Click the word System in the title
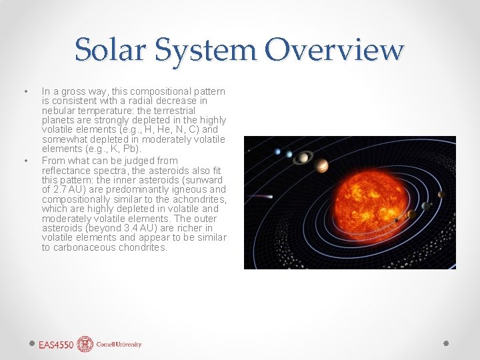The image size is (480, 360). click(214, 51)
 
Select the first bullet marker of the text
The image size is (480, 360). click(25, 91)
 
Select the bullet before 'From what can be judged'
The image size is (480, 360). click(25, 161)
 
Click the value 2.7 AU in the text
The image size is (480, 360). click(67, 189)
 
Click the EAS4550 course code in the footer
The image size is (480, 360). click(55, 345)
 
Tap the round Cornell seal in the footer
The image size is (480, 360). click(85, 344)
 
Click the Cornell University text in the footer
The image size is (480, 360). click(119, 345)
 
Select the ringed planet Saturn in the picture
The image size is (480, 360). click(303, 157)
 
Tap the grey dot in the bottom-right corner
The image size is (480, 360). click(446, 343)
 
